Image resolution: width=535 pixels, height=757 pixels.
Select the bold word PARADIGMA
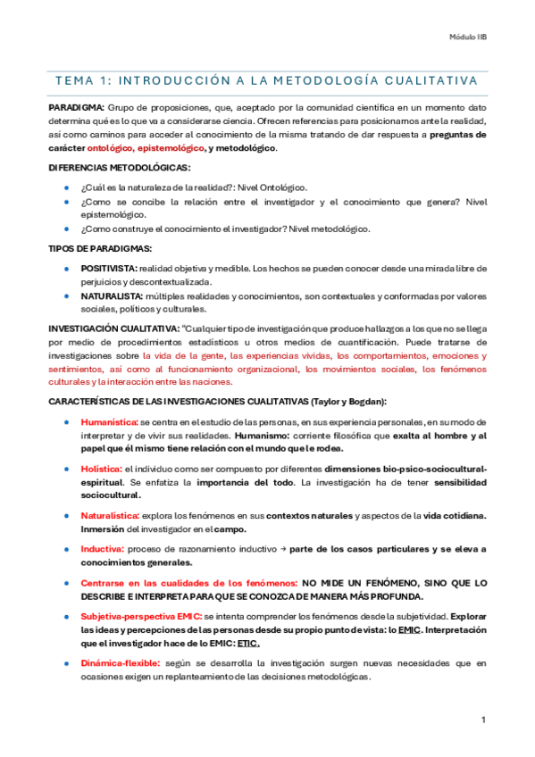pos(75,107)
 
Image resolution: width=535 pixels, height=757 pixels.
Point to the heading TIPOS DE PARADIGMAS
pos(99,247)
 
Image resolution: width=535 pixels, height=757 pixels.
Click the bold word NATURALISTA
pos(111,295)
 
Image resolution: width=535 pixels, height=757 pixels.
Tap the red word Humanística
pos(108,421)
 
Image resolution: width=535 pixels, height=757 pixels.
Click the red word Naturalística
pos(110,516)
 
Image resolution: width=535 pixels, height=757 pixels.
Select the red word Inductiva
pos(101,549)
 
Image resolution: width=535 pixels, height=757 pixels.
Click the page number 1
pos(482,720)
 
